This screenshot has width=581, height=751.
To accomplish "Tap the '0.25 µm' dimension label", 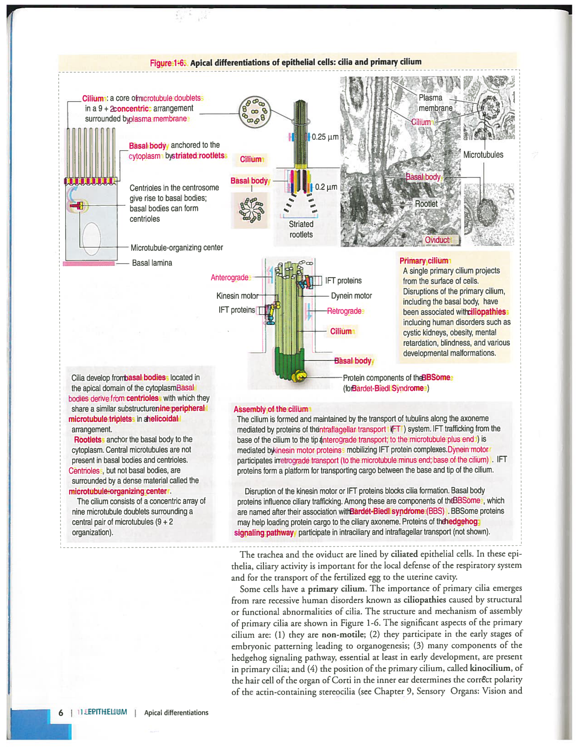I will point(325,137).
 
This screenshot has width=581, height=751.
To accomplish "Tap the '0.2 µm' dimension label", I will point(326,187).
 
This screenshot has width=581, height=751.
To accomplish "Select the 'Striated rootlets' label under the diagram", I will point(301,229).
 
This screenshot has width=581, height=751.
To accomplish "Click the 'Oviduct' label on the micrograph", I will point(437,240).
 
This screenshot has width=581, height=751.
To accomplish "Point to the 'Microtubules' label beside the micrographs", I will point(483,155).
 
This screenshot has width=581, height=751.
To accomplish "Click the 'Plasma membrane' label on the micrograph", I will point(435,103).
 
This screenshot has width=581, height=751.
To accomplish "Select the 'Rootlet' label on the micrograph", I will point(426,204).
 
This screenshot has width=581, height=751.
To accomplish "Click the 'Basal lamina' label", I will point(152,263).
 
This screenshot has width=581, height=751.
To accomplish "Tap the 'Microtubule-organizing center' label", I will point(176,248).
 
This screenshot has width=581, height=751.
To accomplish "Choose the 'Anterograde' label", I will point(230,278).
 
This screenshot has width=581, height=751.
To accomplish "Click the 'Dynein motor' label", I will point(351,296).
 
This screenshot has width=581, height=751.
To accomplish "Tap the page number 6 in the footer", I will point(61,713).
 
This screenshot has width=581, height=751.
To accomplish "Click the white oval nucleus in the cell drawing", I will point(91,238).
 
